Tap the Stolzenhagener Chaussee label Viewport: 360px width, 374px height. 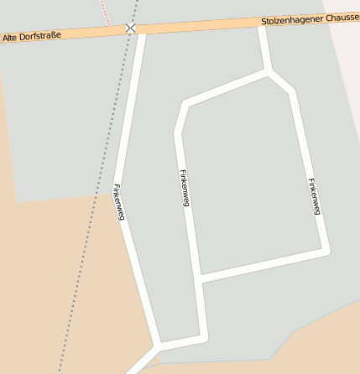coord(310,19)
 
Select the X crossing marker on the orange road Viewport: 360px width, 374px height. coord(130,29)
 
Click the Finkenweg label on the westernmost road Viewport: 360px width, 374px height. coord(119,202)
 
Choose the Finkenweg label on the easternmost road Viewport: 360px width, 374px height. coord(314,196)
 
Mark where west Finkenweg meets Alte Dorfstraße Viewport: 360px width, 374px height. coord(141,29)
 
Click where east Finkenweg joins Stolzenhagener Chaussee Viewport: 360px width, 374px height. coord(263,24)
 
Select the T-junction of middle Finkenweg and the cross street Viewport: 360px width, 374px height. coord(200,279)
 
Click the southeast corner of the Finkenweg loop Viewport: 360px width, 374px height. coord(326,249)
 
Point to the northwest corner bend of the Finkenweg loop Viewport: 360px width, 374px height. coord(182,105)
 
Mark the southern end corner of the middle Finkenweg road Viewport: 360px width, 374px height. coord(203,337)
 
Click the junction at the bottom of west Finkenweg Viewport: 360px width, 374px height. coord(156,345)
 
